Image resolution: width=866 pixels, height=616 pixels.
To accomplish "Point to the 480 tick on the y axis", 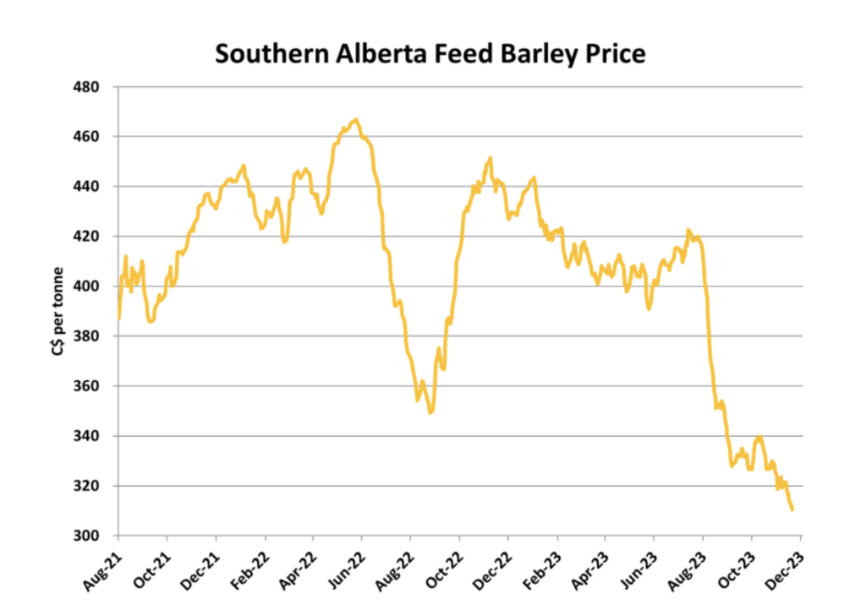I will pos(88,87).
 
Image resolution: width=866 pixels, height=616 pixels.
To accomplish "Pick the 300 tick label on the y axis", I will pos(88,537).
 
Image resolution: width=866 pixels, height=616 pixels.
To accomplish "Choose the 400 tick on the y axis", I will pos(88,286).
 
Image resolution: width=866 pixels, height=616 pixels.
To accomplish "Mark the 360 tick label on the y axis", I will pos(88,386).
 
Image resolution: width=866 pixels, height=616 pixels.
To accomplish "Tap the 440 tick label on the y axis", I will pos(88,187).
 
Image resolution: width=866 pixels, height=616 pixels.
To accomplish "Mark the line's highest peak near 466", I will pos(356,120).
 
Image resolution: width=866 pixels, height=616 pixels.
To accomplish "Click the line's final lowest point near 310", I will pos(792,510).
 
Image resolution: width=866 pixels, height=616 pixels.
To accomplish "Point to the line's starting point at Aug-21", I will pos(118,319).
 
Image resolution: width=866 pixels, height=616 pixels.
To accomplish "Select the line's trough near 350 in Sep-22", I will pos(430,412).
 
